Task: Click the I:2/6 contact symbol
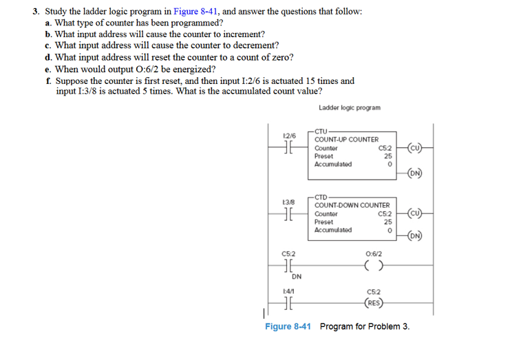288,147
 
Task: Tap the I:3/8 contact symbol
288,213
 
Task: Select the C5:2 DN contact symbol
288,266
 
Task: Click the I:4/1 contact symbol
288,303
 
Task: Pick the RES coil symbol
374,303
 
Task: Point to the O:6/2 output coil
374,266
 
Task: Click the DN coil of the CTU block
415,173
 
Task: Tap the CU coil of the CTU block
415,147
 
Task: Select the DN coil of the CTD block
415,235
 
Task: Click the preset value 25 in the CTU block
387,156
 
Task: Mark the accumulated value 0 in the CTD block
390,230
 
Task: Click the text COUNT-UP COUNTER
346,140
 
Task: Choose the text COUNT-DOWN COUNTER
352,205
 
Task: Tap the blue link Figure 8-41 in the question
195,12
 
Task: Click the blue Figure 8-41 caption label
288,326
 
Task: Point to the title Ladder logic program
350,107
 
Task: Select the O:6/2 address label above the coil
374,254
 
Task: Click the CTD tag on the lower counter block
321,198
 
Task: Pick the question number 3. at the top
36,12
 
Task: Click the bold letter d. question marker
48,57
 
